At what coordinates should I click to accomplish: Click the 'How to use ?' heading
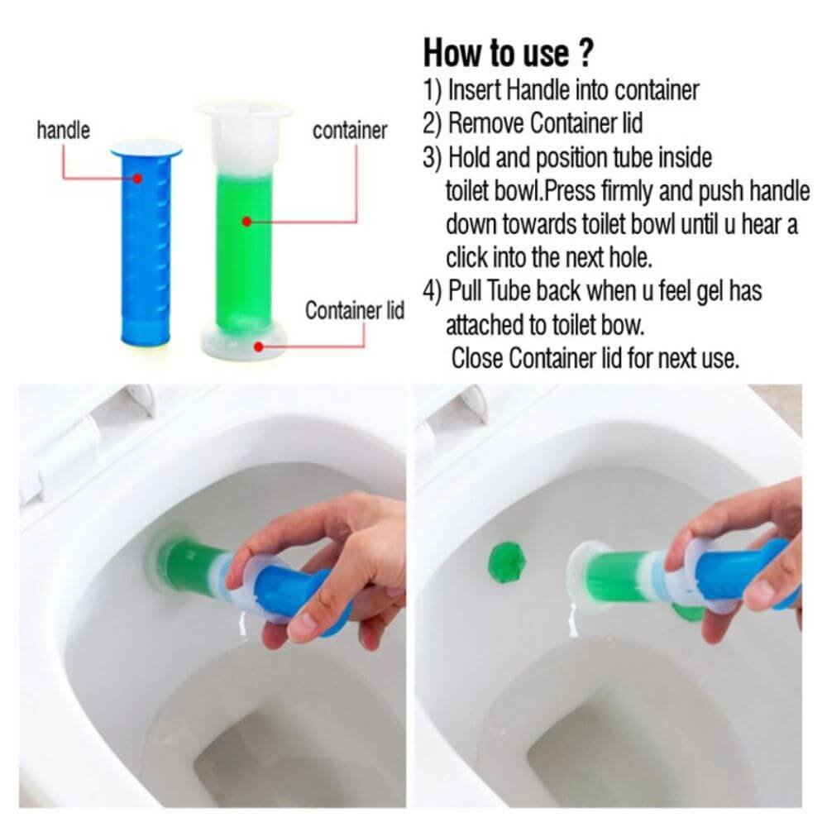pos(509,53)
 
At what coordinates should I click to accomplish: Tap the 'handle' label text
pos(64,130)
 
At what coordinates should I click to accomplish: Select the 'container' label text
pos(350,131)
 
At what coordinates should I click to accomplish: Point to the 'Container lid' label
pos(355,310)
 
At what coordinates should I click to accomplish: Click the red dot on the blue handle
pos(137,179)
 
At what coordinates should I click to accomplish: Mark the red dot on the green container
pos(246,222)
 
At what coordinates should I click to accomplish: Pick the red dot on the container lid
pos(258,347)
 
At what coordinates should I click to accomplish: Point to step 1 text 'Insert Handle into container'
pos(573,90)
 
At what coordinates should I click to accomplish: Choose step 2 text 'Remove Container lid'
pos(545,123)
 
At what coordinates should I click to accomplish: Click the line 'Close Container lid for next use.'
pos(595,358)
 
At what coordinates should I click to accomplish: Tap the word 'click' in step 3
pos(466,258)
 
